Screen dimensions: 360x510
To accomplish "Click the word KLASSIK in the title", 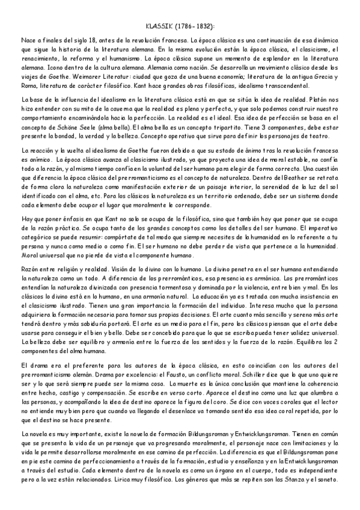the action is (159, 26).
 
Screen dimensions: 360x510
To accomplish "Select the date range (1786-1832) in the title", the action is (195, 26).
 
